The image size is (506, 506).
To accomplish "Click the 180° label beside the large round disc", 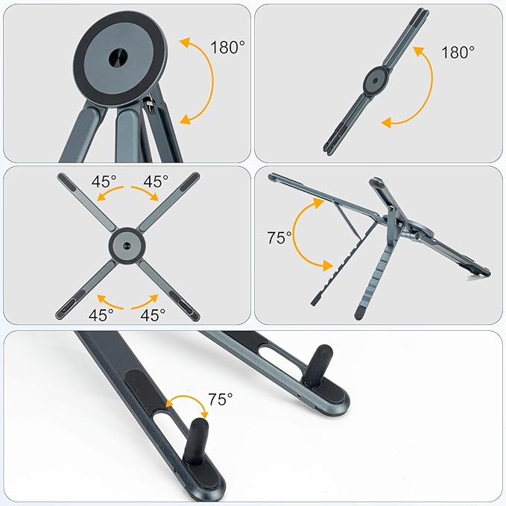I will click(227, 48).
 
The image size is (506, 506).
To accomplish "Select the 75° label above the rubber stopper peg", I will click(220, 399).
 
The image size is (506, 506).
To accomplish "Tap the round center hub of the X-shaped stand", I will click(125, 244).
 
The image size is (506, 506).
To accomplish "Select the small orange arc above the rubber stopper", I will click(186, 402).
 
